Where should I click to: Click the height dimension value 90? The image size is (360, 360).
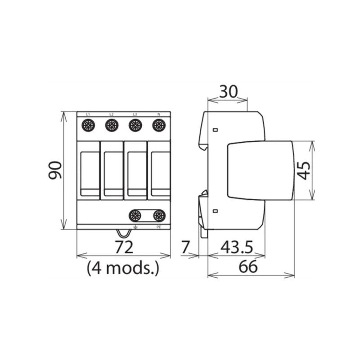click(x=55, y=170)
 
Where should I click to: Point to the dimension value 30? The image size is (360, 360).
click(x=228, y=92)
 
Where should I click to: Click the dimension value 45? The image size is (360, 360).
click(x=304, y=170)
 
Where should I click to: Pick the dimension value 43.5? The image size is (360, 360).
click(x=237, y=247)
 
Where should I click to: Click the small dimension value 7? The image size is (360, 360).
click(x=184, y=247)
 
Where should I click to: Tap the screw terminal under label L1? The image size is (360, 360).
click(x=88, y=126)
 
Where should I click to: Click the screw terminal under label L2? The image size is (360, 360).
click(x=112, y=126)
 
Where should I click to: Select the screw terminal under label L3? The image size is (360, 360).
click(x=135, y=126)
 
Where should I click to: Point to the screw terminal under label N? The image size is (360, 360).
click(x=158, y=126)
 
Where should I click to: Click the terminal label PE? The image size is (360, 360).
click(x=158, y=227)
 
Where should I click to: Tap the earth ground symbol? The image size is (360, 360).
click(x=135, y=227)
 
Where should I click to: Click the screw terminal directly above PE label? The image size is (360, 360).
click(x=159, y=216)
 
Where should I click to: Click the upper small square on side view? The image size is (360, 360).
click(x=215, y=130)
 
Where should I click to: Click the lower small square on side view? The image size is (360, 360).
click(x=215, y=211)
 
